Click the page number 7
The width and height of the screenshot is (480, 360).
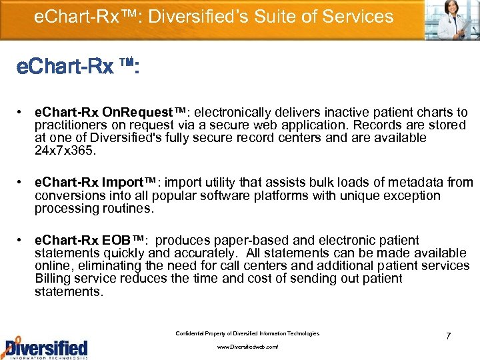(x=449, y=336)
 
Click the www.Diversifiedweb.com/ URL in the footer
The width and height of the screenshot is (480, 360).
(x=247, y=347)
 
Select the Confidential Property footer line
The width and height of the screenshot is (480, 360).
(x=247, y=333)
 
